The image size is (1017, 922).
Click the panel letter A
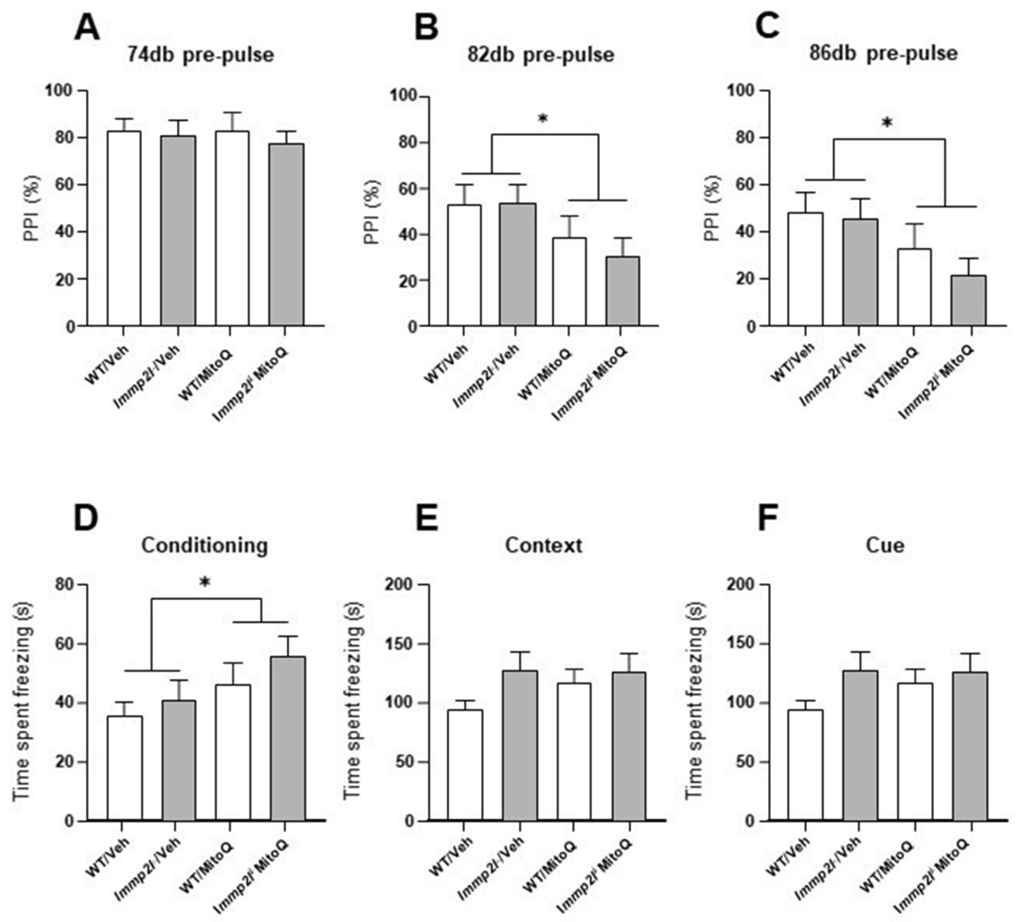pyautogui.click(x=87, y=28)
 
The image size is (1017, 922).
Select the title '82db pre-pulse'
pyautogui.click(x=540, y=54)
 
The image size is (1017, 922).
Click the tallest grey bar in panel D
pyautogui.click(x=288, y=739)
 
